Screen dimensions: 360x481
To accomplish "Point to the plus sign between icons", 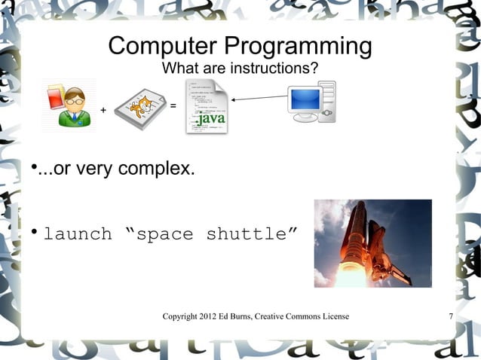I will [103, 112].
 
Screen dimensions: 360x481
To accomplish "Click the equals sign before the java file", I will [173, 106].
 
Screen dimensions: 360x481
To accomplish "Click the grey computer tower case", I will [328, 102].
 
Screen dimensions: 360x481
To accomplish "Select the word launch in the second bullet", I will [78, 233].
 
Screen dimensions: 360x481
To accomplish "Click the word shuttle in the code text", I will [247, 233].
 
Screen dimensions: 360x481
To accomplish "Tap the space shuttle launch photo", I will [372, 243].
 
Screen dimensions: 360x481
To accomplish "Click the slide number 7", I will [450, 316].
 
